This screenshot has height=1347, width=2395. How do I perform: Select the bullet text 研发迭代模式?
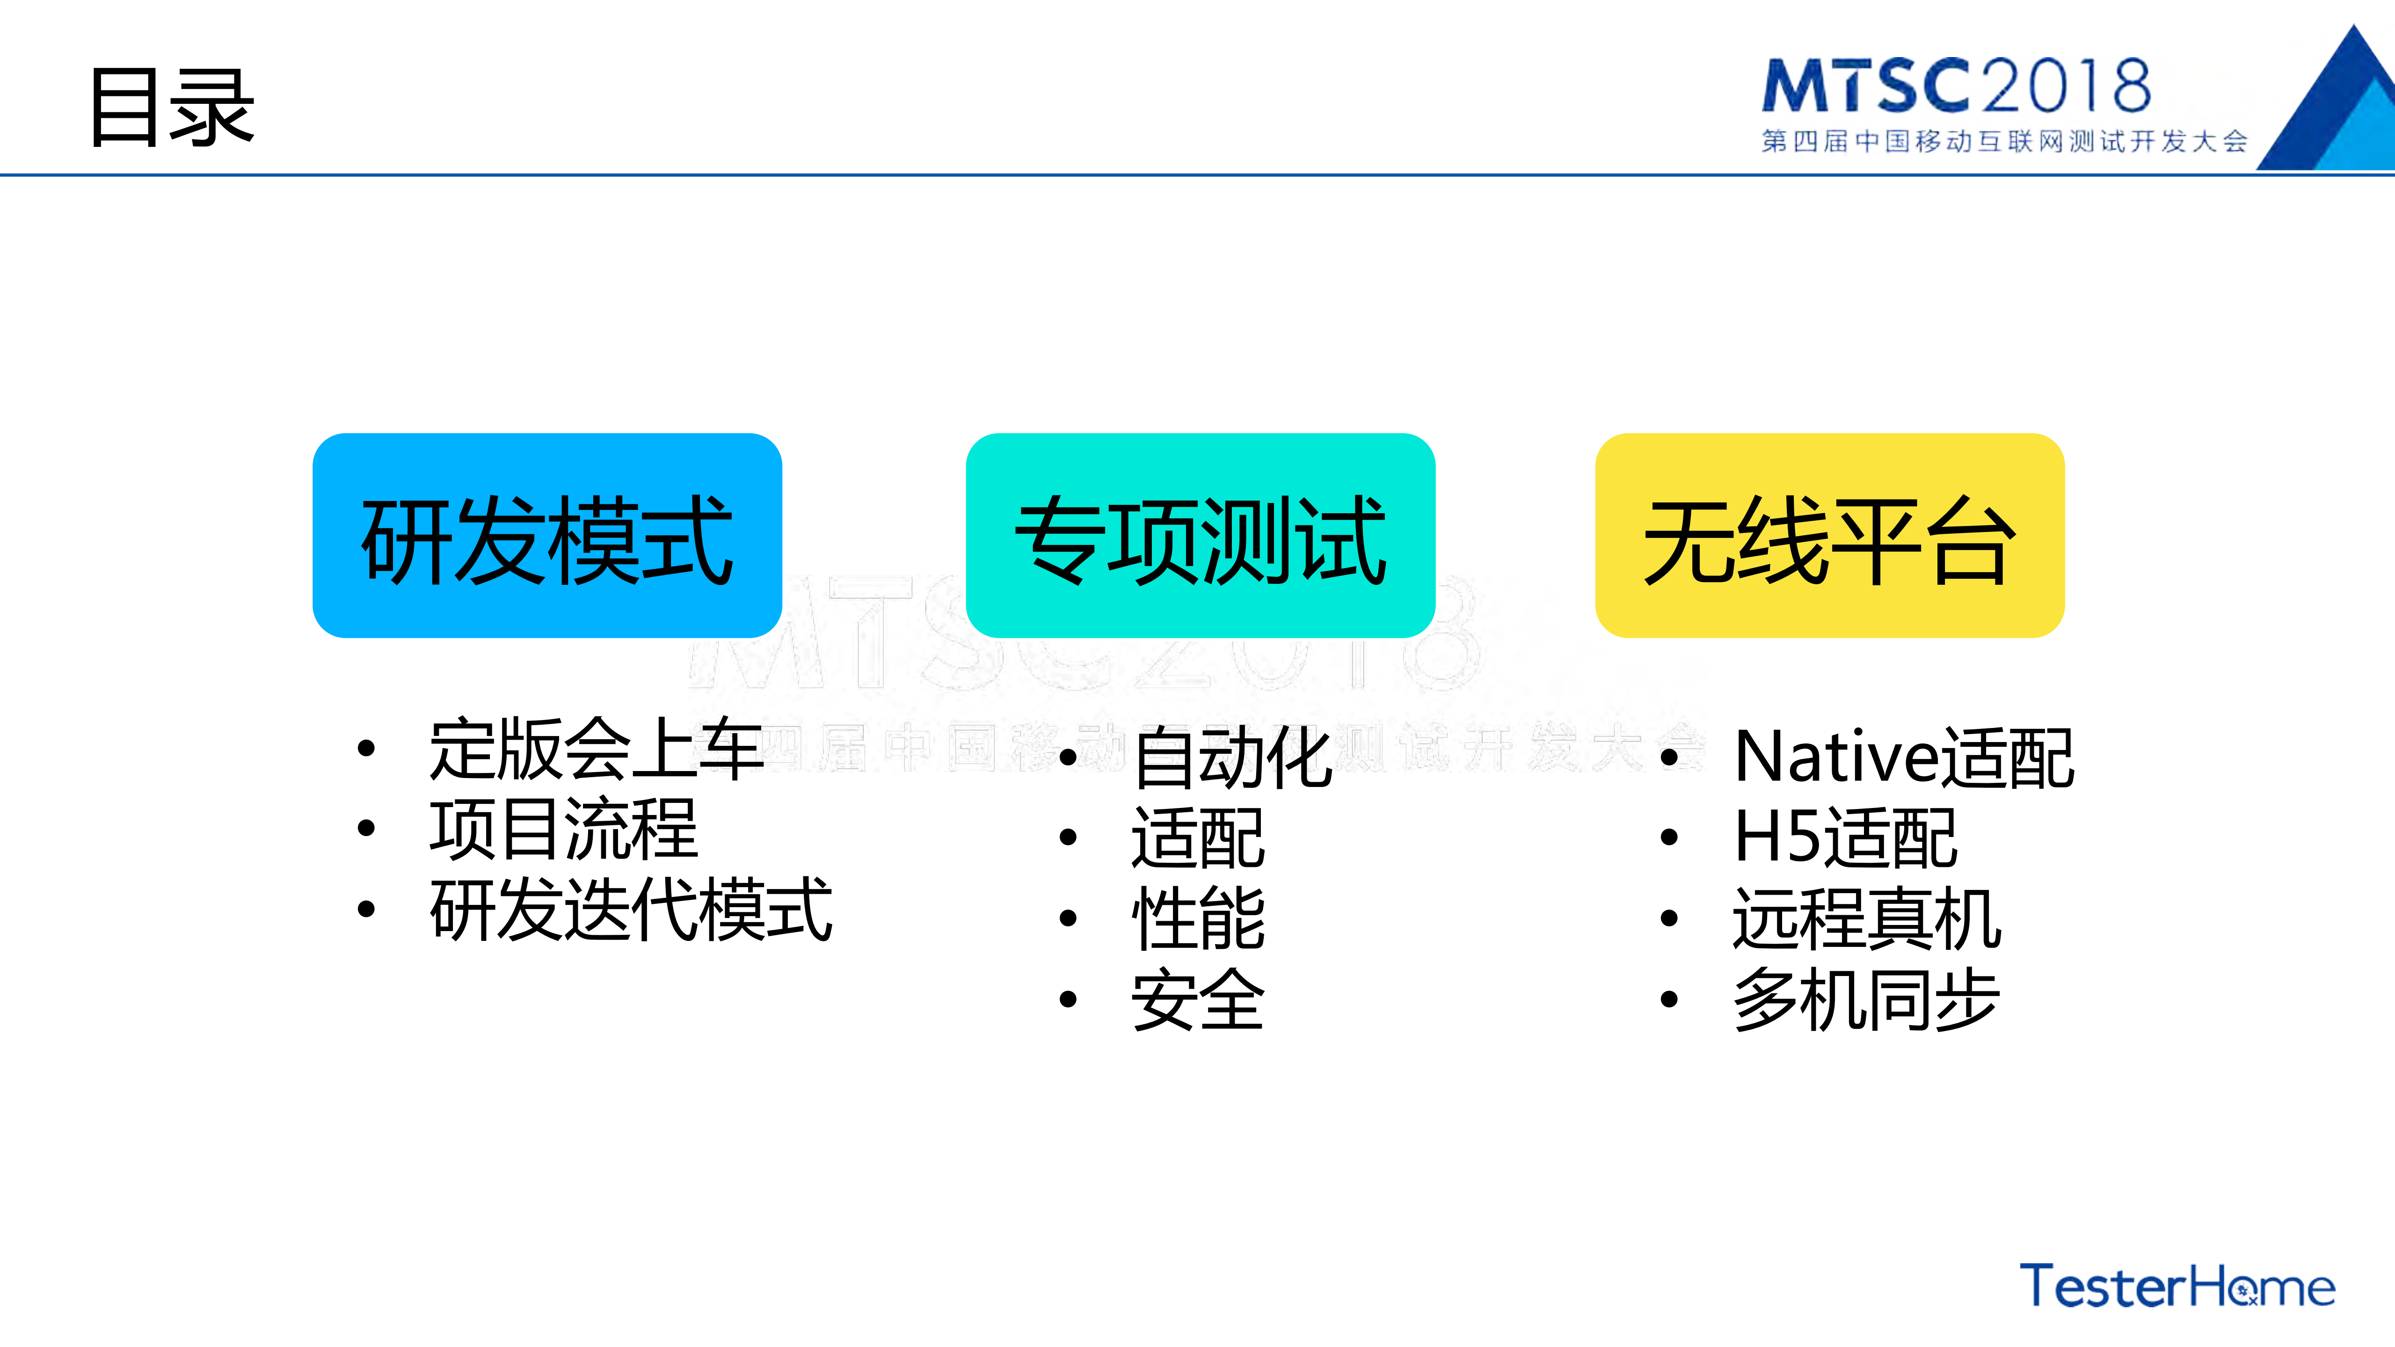coord(630,910)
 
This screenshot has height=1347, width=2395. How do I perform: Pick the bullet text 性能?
coord(1198,918)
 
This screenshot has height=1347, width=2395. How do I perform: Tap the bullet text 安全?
coord(1198,999)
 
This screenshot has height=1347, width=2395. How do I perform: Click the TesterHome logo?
coord(2177,1287)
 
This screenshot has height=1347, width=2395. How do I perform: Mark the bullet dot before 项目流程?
coord(366,828)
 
